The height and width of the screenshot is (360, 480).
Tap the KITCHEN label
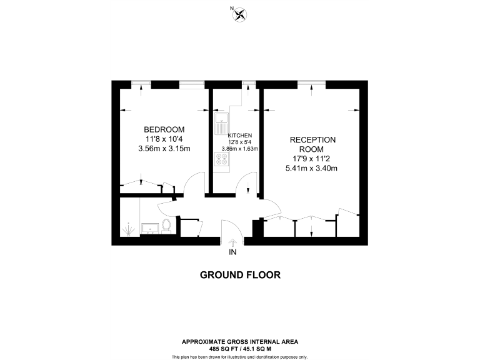pyautogui.click(x=240, y=136)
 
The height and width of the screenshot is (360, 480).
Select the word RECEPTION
pyautogui.click(x=312, y=140)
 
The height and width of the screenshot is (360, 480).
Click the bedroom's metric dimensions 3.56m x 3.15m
pyautogui.click(x=164, y=149)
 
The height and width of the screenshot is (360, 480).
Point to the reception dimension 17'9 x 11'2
pyautogui.click(x=312, y=159)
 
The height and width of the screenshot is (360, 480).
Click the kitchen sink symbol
pyautogui.click(x=221, y=124)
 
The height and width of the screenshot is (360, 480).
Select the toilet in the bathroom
pyautogui.click(x=166, y=225)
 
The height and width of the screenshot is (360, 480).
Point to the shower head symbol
pyautogui.click(x=127, y=229)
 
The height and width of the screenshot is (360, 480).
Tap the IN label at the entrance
pyautogui.click(x=232, y=252)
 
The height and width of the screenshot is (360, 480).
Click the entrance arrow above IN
pyautogui.click(x=232, y=242)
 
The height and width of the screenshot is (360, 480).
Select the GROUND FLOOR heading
pyautogui.click(x=240, y=274)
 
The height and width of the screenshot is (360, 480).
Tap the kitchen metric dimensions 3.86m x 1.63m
pyautogui.click(x=240, y=149)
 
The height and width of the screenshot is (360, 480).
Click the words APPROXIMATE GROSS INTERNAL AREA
pyautogui.click(x=240, y=341)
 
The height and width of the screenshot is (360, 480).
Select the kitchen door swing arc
pyautogui.click(x=244, y=182)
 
